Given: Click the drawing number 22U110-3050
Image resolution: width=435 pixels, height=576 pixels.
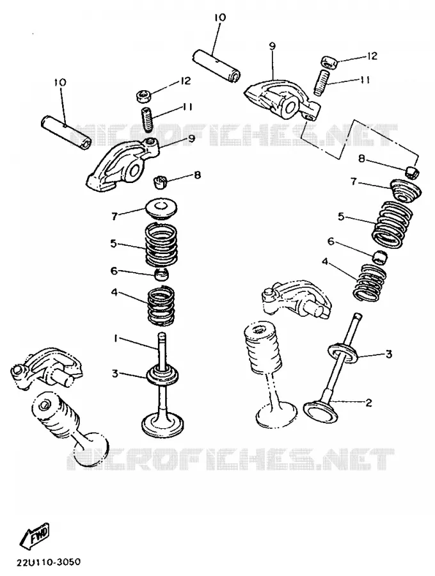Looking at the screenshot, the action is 49,562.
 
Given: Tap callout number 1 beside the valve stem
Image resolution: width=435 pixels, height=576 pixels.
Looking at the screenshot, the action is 115,339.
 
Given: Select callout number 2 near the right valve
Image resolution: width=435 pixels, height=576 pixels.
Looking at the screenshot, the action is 368,403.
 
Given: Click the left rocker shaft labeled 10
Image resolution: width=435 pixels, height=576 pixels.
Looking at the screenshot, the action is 66,131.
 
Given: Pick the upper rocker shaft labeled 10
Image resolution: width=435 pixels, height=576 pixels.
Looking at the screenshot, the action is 217,66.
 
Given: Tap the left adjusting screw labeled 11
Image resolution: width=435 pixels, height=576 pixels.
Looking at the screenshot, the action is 147,119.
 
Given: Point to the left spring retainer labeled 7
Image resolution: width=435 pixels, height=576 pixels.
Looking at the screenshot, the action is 161,208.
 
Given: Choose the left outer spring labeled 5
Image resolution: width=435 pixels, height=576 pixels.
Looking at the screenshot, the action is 161,245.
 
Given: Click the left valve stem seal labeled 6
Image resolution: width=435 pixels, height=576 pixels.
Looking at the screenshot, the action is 161,274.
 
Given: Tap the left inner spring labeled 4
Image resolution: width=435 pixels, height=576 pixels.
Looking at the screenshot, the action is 161,306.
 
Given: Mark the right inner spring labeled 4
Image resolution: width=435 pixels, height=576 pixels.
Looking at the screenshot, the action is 370,282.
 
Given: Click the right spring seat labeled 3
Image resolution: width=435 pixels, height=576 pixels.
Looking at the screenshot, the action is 344,352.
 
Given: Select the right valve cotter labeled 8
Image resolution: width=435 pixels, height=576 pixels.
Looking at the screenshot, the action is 413,172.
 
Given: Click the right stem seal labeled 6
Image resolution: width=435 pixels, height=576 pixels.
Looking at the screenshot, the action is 380,257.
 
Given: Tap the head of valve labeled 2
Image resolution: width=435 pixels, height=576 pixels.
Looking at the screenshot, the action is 320,411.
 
